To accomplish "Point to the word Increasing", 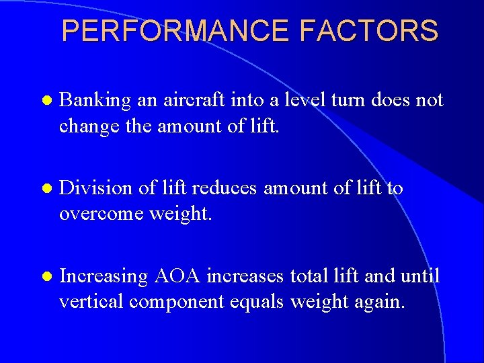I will point(104,276).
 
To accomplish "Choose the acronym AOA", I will point(177,276).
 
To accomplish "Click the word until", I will point(419,276).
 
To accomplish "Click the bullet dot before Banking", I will point(45,101).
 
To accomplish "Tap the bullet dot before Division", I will point(45,189).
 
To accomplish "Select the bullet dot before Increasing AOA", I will point(45,276).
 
